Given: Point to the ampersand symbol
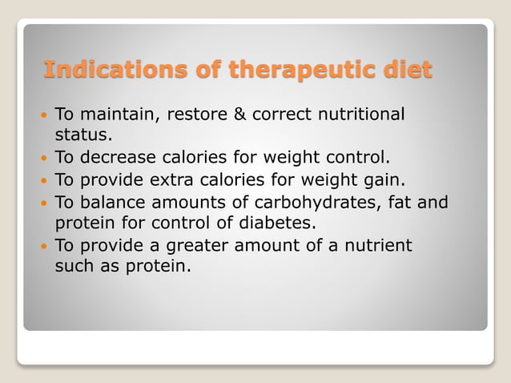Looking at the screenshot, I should (x=239, y=114).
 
